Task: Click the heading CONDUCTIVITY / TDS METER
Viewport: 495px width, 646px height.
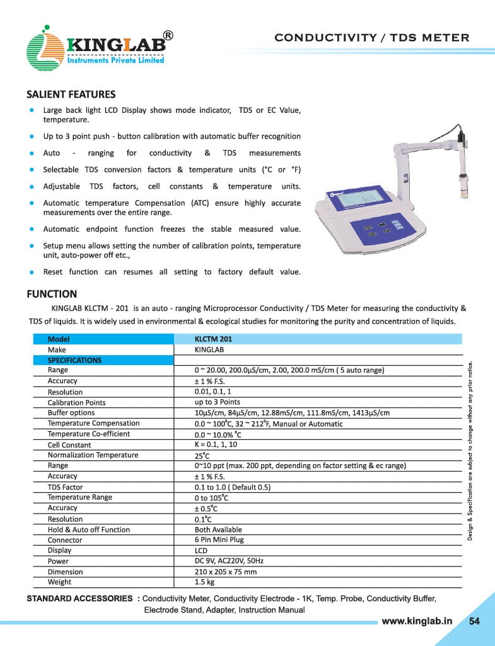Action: pyautogui.click(x=372, y=38)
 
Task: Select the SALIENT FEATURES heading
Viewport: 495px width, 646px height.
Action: pyautogui.click(x=71, y=95)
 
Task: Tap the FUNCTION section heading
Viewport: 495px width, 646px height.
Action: pyautogui.click(x=52, y=294)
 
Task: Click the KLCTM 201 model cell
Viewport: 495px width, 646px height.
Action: pyautogui.click(x=213, y=339)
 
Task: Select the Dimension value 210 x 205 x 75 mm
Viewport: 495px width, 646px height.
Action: pyautogui.click(x=226, y=572)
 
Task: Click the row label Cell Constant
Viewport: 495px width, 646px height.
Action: pyautogui.click(x=69, y=445)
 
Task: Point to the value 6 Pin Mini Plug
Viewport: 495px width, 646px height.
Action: pyautogui.click(x=219, y=540)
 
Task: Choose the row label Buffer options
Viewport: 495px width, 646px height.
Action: pyautogui.click(x=71, y=413)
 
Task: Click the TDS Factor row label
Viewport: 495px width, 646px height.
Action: pyautogui.click(x=66, y=487)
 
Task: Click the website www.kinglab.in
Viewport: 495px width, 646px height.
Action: pyautogui.click(x=417, y=621)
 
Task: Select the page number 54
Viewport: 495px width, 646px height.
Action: pyautogui.click(x=474, y=621)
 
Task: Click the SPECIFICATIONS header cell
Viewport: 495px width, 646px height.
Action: pyautogui.click(x=74, y=360)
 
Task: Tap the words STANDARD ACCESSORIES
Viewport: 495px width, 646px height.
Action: pyautogui.click(x=79, y=598)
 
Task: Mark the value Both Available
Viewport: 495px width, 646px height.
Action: pyautogui.click(x=218, y=529)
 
